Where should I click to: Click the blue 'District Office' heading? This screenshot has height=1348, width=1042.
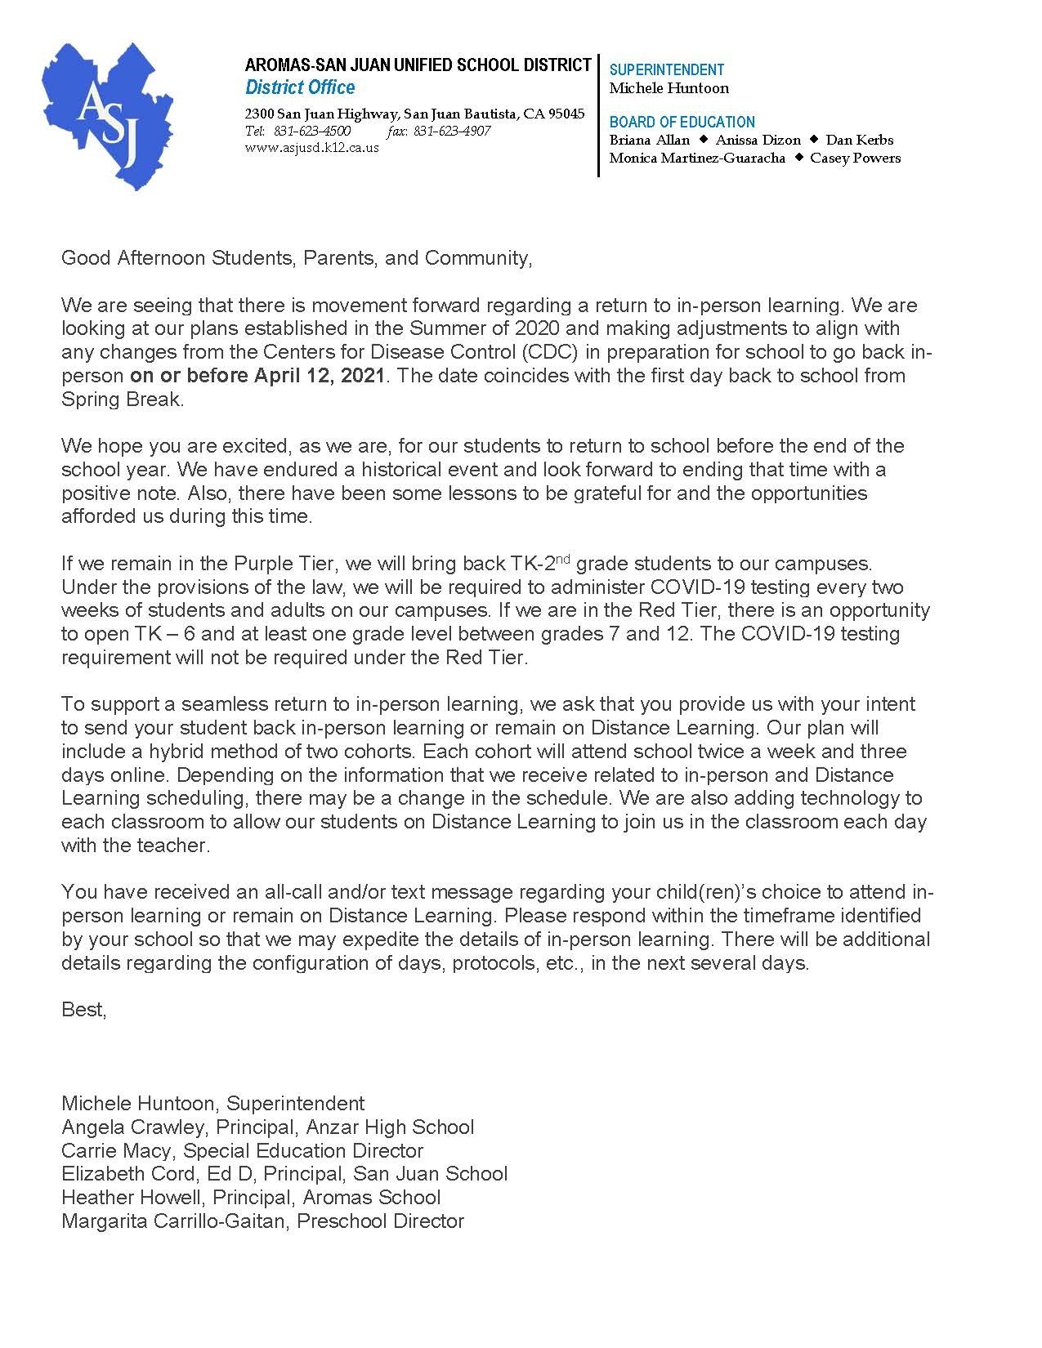(x=300, y=87)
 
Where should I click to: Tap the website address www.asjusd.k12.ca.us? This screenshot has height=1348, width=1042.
(x=312, y=148)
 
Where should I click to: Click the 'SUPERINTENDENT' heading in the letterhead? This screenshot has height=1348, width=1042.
(x=667, y=70)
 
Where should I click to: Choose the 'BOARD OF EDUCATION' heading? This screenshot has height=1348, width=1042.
(x=682, y=122)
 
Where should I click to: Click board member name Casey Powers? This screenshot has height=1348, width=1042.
(x=855, y=158)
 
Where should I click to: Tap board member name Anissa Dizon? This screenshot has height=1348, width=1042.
(x=758, y=140)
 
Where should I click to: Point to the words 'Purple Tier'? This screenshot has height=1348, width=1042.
(x=285, y=564)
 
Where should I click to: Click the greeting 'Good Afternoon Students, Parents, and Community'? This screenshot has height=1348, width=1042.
(x=297, y=258)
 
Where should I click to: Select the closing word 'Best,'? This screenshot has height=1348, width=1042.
(x=84, y=1010)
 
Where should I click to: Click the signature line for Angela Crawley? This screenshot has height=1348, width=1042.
(x=267, y=1127)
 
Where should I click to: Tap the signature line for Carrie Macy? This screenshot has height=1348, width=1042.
(x=242, y=1151)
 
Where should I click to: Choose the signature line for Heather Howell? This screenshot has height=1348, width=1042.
(x=251, y=1198)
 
